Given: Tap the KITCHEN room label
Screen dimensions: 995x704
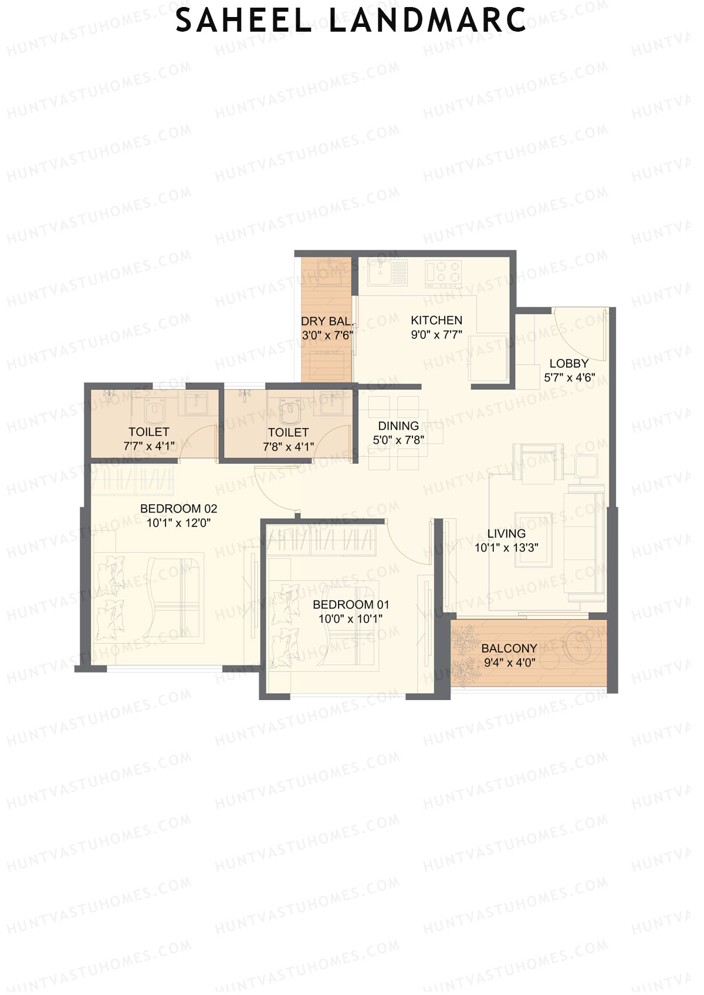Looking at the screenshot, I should [x=436, y=320].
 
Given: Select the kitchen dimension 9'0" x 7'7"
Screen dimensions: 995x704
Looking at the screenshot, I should [x=436, y=335].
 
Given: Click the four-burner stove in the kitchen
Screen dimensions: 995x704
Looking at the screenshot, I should [x=443, y=272].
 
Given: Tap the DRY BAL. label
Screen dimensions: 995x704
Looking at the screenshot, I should [x=327, y=321].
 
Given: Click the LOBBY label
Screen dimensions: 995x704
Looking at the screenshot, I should [x=568, y=364].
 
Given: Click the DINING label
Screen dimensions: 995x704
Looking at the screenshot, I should [x=398, y=426].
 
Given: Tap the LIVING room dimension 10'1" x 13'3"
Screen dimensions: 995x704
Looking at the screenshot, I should [x=506, y=548].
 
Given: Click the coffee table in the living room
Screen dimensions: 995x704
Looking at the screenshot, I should [x=533, y=539].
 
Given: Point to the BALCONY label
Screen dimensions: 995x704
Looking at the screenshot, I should [x=509, y=648].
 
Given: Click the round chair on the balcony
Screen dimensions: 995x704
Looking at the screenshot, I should [x=580, y=647].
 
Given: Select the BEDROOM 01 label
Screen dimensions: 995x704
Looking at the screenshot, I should [x=351, y=605].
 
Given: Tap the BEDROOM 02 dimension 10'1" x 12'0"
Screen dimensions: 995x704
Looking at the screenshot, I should [x=178, y=522].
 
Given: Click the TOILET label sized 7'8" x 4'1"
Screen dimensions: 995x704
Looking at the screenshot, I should [x=288, y=432].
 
